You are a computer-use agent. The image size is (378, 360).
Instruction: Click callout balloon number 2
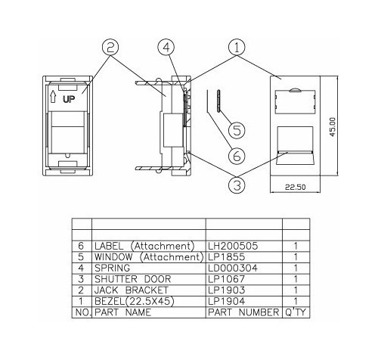(110, 47)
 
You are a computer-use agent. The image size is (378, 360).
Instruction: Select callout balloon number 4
(166, 47)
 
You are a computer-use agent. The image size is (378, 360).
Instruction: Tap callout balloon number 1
(237, 47)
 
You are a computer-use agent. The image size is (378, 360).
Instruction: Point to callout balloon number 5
(237, 130)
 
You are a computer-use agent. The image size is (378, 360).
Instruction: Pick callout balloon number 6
(237, 156)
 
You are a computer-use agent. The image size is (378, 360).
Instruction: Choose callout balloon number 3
(237, 185)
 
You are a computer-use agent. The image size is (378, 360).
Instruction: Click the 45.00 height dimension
(333, 127)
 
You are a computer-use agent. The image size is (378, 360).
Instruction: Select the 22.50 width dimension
(296, 188)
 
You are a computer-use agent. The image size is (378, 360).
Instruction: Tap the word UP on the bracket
(69, 99)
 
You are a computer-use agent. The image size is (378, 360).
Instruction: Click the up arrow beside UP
(53, 97)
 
